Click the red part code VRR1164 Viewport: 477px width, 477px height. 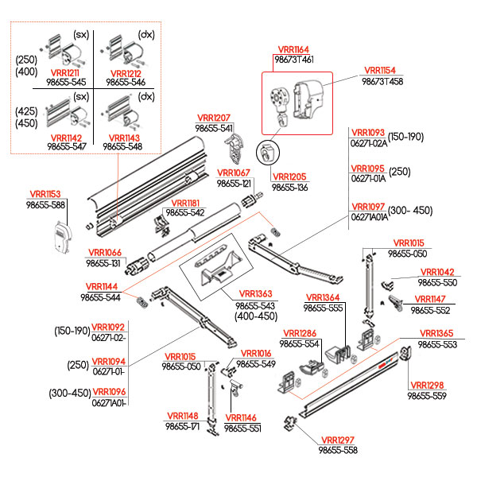pos(293,49)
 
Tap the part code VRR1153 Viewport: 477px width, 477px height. pos(46,194)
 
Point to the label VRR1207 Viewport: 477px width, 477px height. pos(215,118)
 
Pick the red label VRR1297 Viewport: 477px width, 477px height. pos(337,440)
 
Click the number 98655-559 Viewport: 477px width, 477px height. pos(428,395)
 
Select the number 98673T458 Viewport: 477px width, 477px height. pos(382,80)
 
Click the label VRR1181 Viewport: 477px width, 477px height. pos(186,203)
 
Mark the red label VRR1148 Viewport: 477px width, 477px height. pos(182,416)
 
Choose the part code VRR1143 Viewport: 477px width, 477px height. pos(123,137)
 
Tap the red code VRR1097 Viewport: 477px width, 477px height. pos(368,206)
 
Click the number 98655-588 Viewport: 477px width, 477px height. pos(46,204)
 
